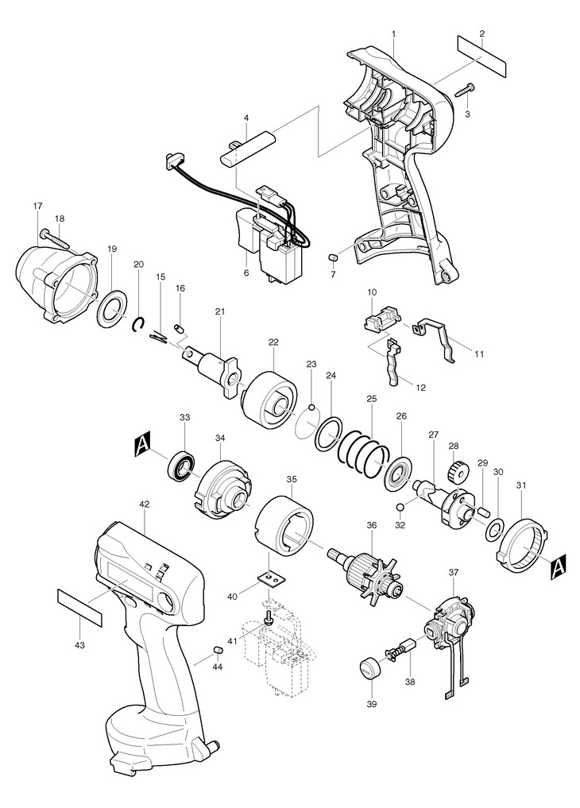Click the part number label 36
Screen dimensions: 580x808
(371, 525)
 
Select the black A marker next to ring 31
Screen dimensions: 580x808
(559, 566)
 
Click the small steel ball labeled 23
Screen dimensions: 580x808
(311, 408)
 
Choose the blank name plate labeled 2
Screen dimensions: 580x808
(482, 56)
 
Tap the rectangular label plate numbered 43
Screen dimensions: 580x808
(79, 608)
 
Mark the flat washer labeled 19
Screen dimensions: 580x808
(112, 308)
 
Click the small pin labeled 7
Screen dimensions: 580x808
(332, 257)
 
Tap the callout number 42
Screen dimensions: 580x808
(145, 505)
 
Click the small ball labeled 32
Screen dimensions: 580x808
(400, 507)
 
